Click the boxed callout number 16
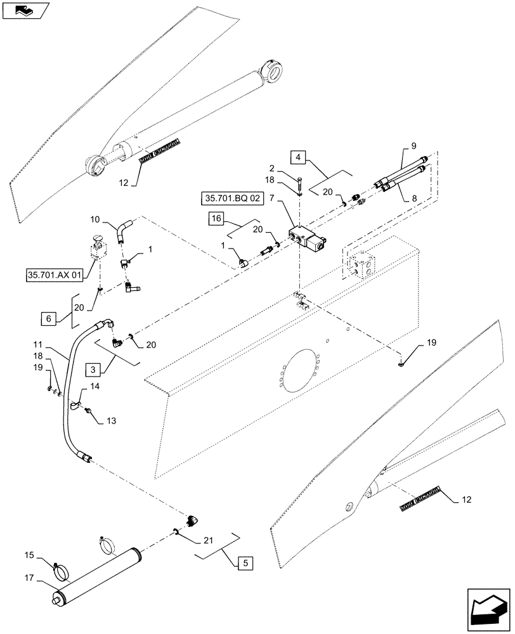(x=215, y=220)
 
